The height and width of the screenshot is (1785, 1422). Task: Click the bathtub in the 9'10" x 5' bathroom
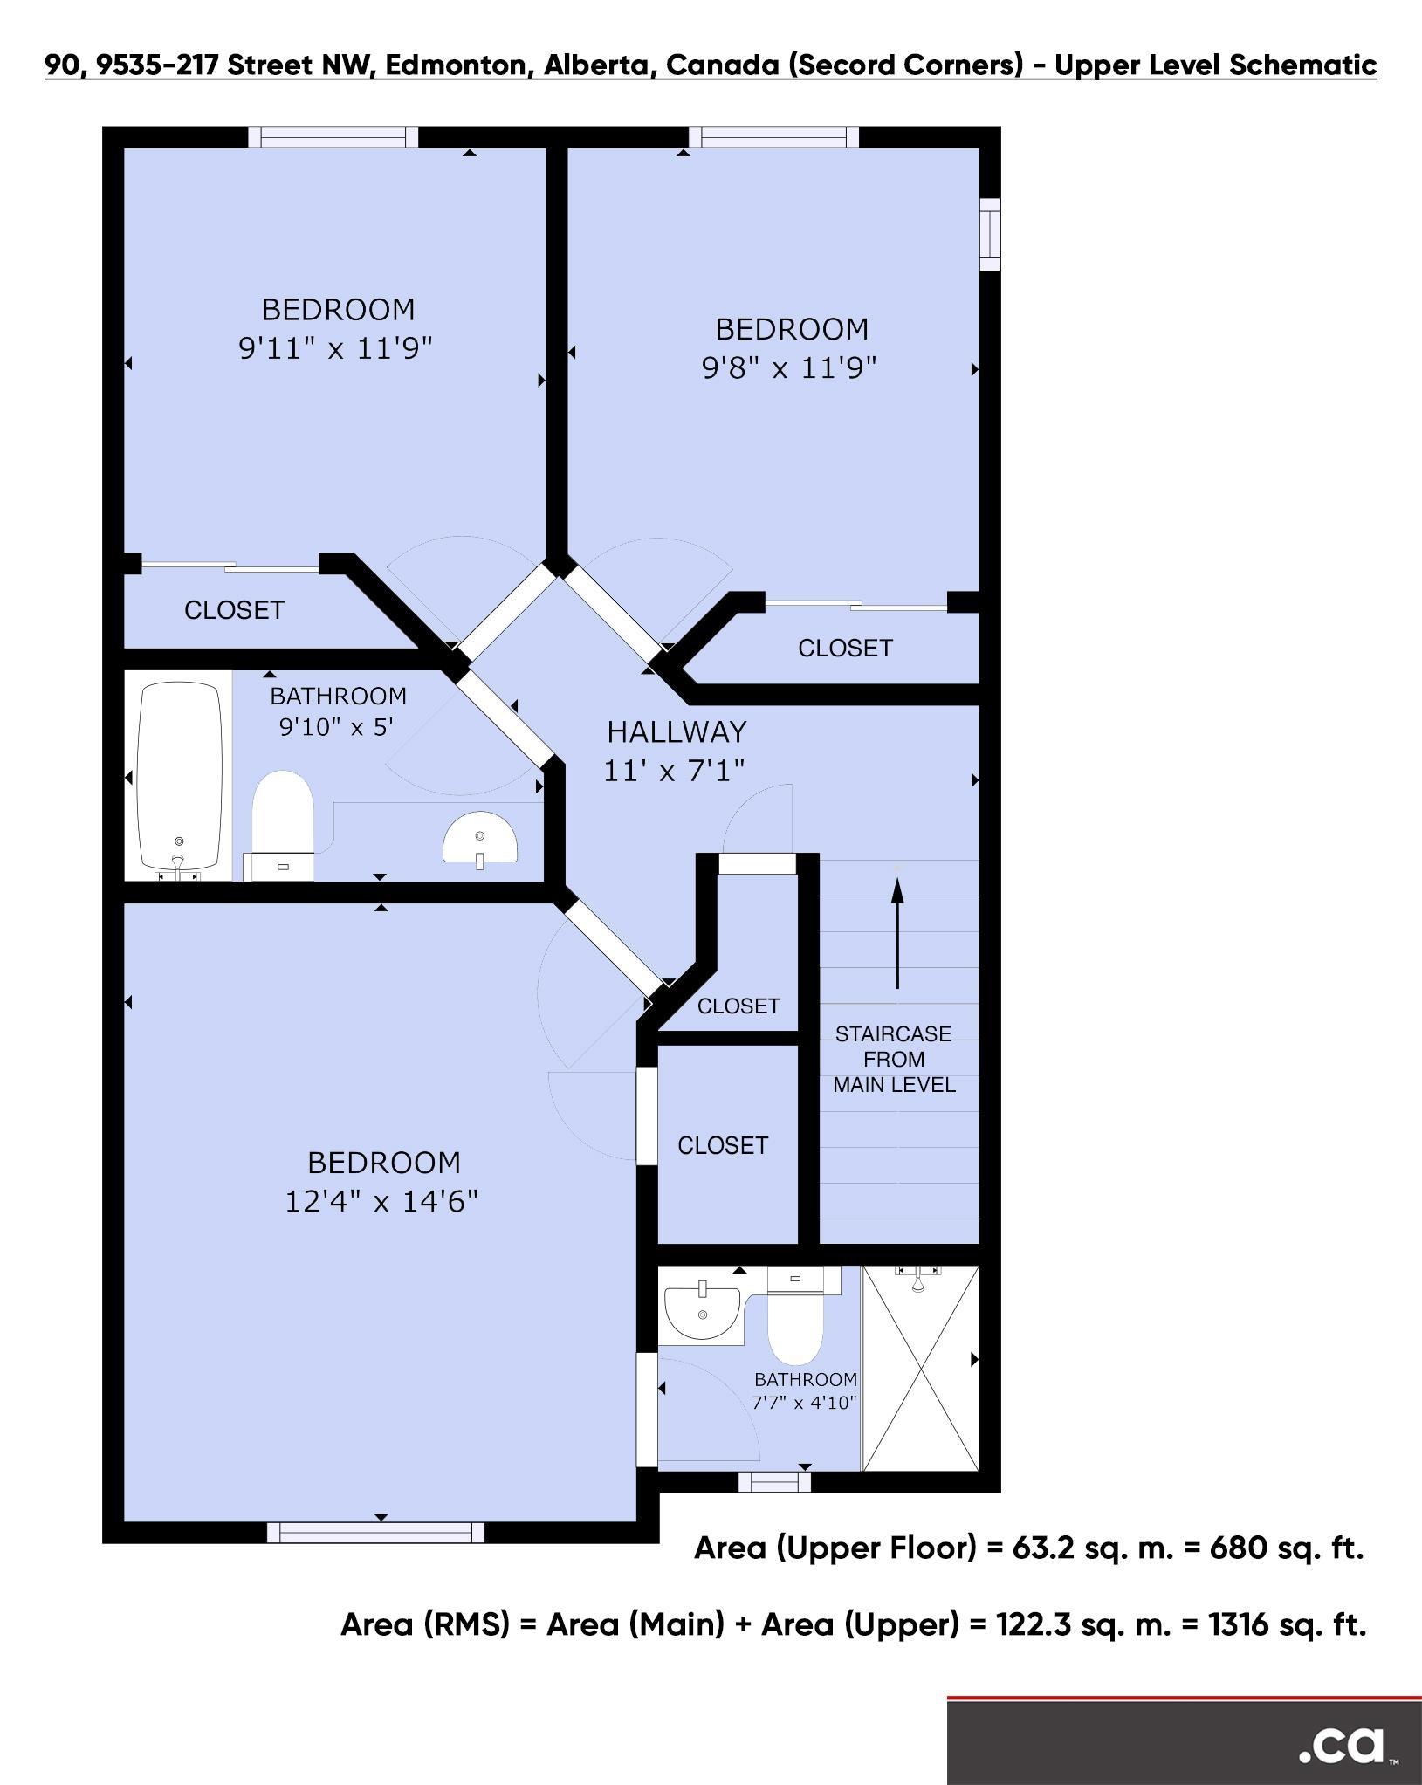179,779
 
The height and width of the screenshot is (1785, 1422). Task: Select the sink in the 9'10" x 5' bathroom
480,840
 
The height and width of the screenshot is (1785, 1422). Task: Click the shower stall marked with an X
921,1369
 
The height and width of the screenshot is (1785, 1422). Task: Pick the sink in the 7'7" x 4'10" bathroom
701,1312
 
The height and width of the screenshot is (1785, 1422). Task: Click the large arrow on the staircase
896,932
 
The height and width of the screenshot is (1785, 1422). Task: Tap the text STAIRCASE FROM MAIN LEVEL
894,1059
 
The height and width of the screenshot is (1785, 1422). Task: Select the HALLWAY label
677,731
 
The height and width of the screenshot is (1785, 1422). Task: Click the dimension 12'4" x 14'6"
381,1202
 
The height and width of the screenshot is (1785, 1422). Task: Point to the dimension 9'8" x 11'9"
788,368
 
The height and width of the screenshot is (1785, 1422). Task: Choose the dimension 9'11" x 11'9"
336,349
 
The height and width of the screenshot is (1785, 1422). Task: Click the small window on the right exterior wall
989,234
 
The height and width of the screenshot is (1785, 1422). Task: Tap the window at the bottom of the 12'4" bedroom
375,1532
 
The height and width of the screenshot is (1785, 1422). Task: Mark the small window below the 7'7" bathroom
774,1481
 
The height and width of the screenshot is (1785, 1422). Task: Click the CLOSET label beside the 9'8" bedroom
845,648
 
